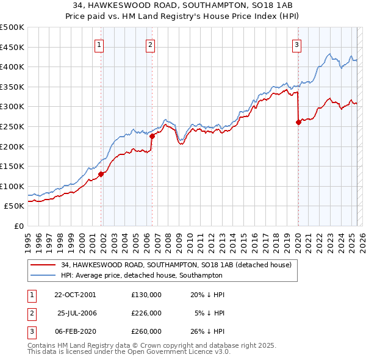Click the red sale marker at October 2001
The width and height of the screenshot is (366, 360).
click(101, 174)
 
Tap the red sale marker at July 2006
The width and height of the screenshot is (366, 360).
click(152, 136)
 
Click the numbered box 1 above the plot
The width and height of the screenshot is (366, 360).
click(99, 44)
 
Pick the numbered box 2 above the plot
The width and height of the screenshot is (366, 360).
click(150, 44)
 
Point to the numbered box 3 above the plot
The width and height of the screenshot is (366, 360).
click(296, 44)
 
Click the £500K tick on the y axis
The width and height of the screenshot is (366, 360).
click(12, 27)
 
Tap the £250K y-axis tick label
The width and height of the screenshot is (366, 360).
click(12, 127)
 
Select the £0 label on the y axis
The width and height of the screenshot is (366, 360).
click(18, 226)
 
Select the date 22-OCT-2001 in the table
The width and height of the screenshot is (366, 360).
click(75, 294)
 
